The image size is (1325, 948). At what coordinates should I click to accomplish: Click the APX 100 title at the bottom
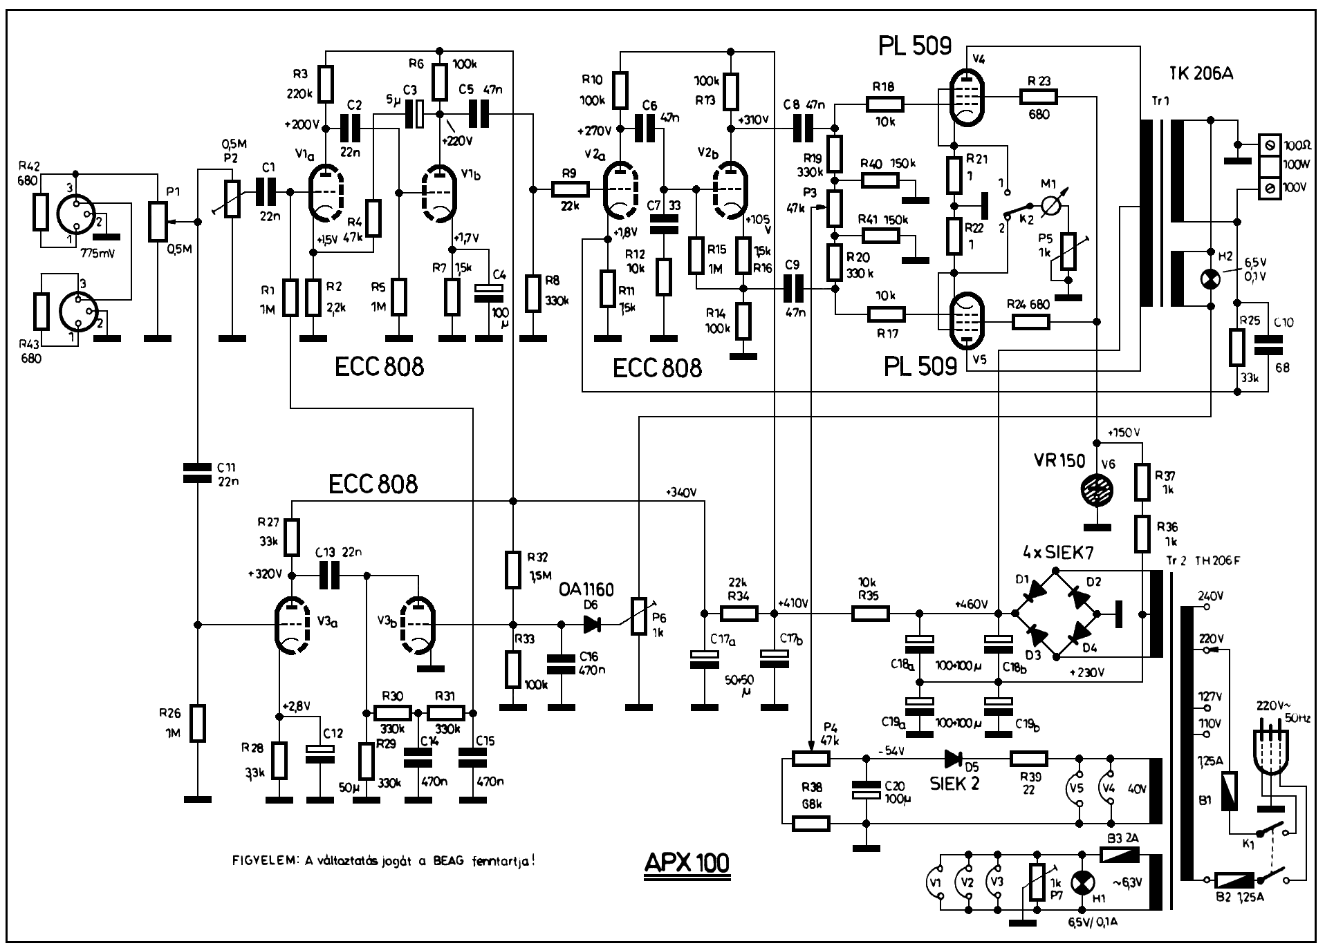(x=686, y=863)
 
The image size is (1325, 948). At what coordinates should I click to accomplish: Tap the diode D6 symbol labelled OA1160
(x=591, y=625)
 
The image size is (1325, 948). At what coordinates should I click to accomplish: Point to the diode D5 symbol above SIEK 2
(x=954, y=759)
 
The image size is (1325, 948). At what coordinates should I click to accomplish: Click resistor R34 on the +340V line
(x=739, y=612)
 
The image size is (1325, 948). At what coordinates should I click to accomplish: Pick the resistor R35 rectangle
(x=869, y=612)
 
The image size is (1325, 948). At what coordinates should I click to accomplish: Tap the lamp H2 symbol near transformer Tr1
(x=1210, y=278)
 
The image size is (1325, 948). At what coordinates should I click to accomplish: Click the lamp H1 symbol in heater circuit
(x=1080, y=882)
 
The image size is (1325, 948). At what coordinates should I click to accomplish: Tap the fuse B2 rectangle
(x=1234, y=880)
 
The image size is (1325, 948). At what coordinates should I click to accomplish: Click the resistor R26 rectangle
(x=198, y=723)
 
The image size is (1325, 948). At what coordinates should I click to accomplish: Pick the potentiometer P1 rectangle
(x=159, y=222)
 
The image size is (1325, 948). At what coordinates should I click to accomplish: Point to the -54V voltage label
(x=891, y=750)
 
